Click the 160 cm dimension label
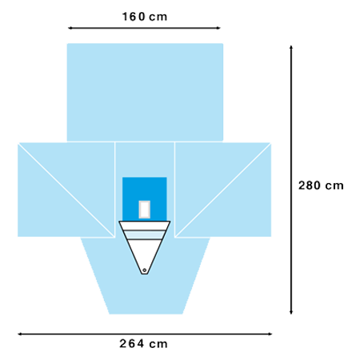[x=145, y=17]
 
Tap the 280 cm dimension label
[x=321, y=186]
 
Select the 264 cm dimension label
[x=143, y=343]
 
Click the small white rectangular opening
[x=145, y=210]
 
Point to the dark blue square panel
[x=145, y=199]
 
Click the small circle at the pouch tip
[x=145, y=270]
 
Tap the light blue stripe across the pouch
[x=145, y=235]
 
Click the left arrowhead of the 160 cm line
[x=70, y=28]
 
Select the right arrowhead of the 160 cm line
[x=218, y=28]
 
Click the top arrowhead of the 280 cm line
[x=291, y=47]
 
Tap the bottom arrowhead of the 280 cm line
[x=291, y=312]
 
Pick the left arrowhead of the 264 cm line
[x=20, y=334]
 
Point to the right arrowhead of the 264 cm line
[x=270, y=334]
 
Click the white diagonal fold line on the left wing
[x=66, y=190]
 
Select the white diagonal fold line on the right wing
[x=223, y=190]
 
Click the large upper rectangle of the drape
[x=145, y=92]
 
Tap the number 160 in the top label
[x=134, y=17]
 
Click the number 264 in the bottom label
[x=132, y=343]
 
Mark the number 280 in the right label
[x=310, y=186]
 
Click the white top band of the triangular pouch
[x=145, y=226]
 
